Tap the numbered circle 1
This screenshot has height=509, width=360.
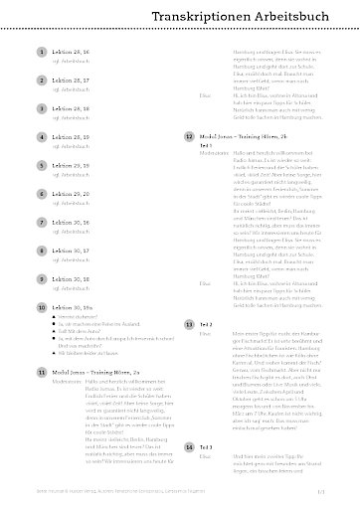coord(40,50)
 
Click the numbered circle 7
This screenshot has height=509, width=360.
coord(40,224)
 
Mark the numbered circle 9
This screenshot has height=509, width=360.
coord(40,281)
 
